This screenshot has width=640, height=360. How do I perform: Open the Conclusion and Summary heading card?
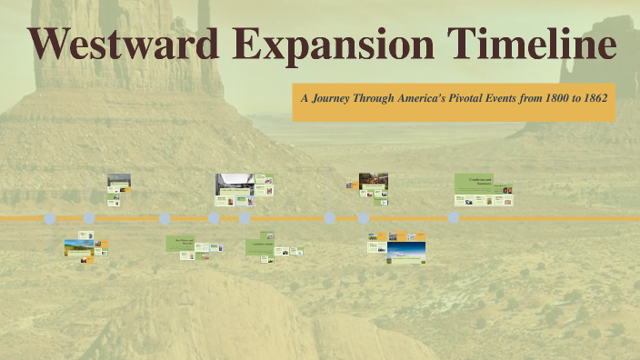(x=474, y=182)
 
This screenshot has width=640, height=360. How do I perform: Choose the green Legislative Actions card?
(x=260, y=244)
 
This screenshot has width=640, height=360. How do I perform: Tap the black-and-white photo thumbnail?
(x=234, y=185)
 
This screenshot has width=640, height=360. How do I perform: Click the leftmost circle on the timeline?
(x=50, y=219)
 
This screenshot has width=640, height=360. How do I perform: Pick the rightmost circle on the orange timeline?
(x=454, y=218)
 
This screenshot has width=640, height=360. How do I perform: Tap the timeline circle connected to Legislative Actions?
(x=245, y=218)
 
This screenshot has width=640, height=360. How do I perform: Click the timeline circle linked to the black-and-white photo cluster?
(x=214, y=218)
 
